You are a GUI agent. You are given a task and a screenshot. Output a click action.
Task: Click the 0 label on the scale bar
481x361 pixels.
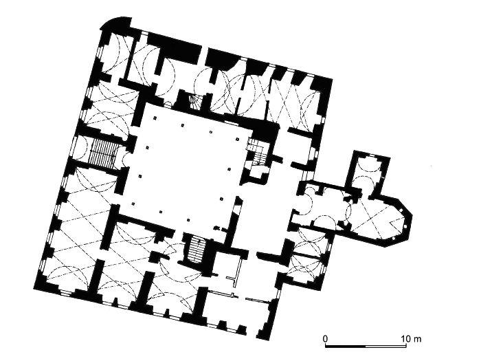(325, 339)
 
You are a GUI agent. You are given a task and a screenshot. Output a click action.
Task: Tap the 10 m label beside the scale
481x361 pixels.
(411, 339)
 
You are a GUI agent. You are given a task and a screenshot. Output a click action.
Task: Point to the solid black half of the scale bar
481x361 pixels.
(346, 346)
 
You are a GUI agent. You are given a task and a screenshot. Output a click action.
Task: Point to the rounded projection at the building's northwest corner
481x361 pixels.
(116, 23)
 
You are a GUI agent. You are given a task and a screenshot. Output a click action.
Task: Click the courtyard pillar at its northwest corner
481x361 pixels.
(155, 118)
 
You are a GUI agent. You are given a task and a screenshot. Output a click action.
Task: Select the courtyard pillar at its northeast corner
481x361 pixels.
(237, 139)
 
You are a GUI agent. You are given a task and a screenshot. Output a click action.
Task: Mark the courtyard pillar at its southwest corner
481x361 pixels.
(133, 204)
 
